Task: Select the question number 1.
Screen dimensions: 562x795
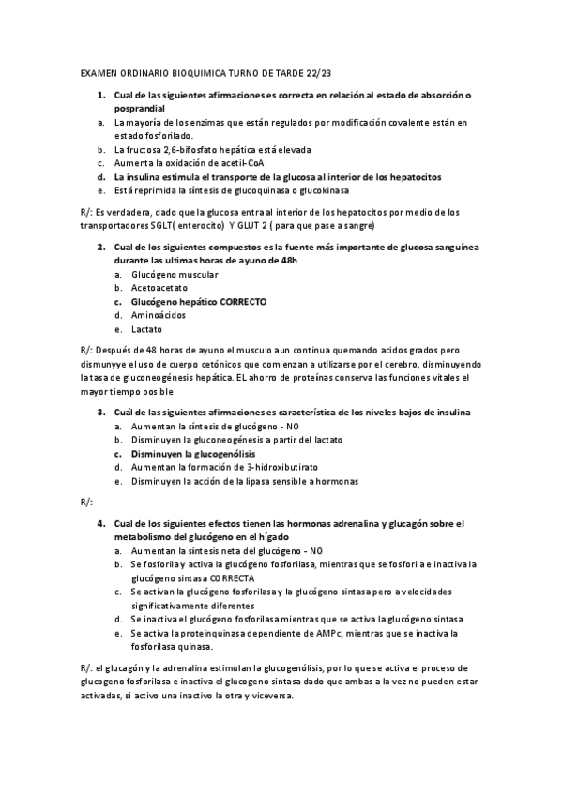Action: click(x=101, y=96)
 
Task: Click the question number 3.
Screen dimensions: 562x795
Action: click(x=101, y=412)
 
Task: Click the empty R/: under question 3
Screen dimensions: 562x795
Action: click(x=87, y=503)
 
